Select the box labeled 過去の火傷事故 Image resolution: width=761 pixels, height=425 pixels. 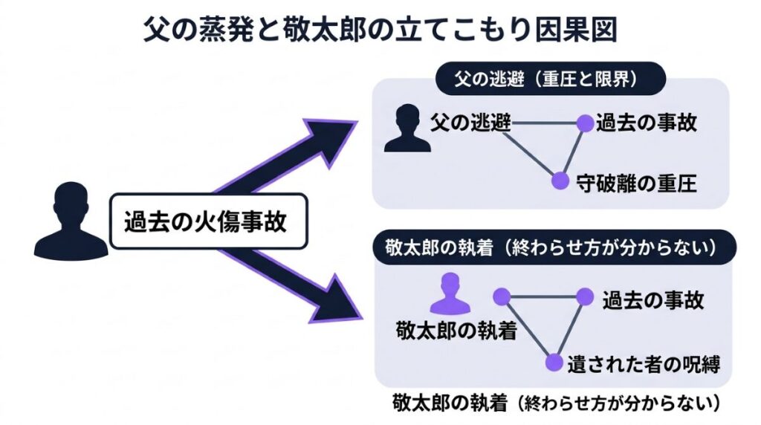click(x=208, y=221)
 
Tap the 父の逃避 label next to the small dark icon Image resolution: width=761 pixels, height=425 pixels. click(x=470, y=123)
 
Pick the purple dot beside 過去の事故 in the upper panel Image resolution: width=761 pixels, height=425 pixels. click(x=584, y=123)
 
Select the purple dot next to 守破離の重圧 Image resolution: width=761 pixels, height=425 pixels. click(x=560, y=179)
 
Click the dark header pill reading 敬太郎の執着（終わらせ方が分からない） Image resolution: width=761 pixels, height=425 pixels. click(x=551, y=247)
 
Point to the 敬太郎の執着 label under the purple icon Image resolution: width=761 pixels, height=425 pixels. click(x=456, y=330)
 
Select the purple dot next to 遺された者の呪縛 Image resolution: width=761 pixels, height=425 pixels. click(x=554, y=362)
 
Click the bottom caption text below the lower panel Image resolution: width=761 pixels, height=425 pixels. click(x=557, y=404)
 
